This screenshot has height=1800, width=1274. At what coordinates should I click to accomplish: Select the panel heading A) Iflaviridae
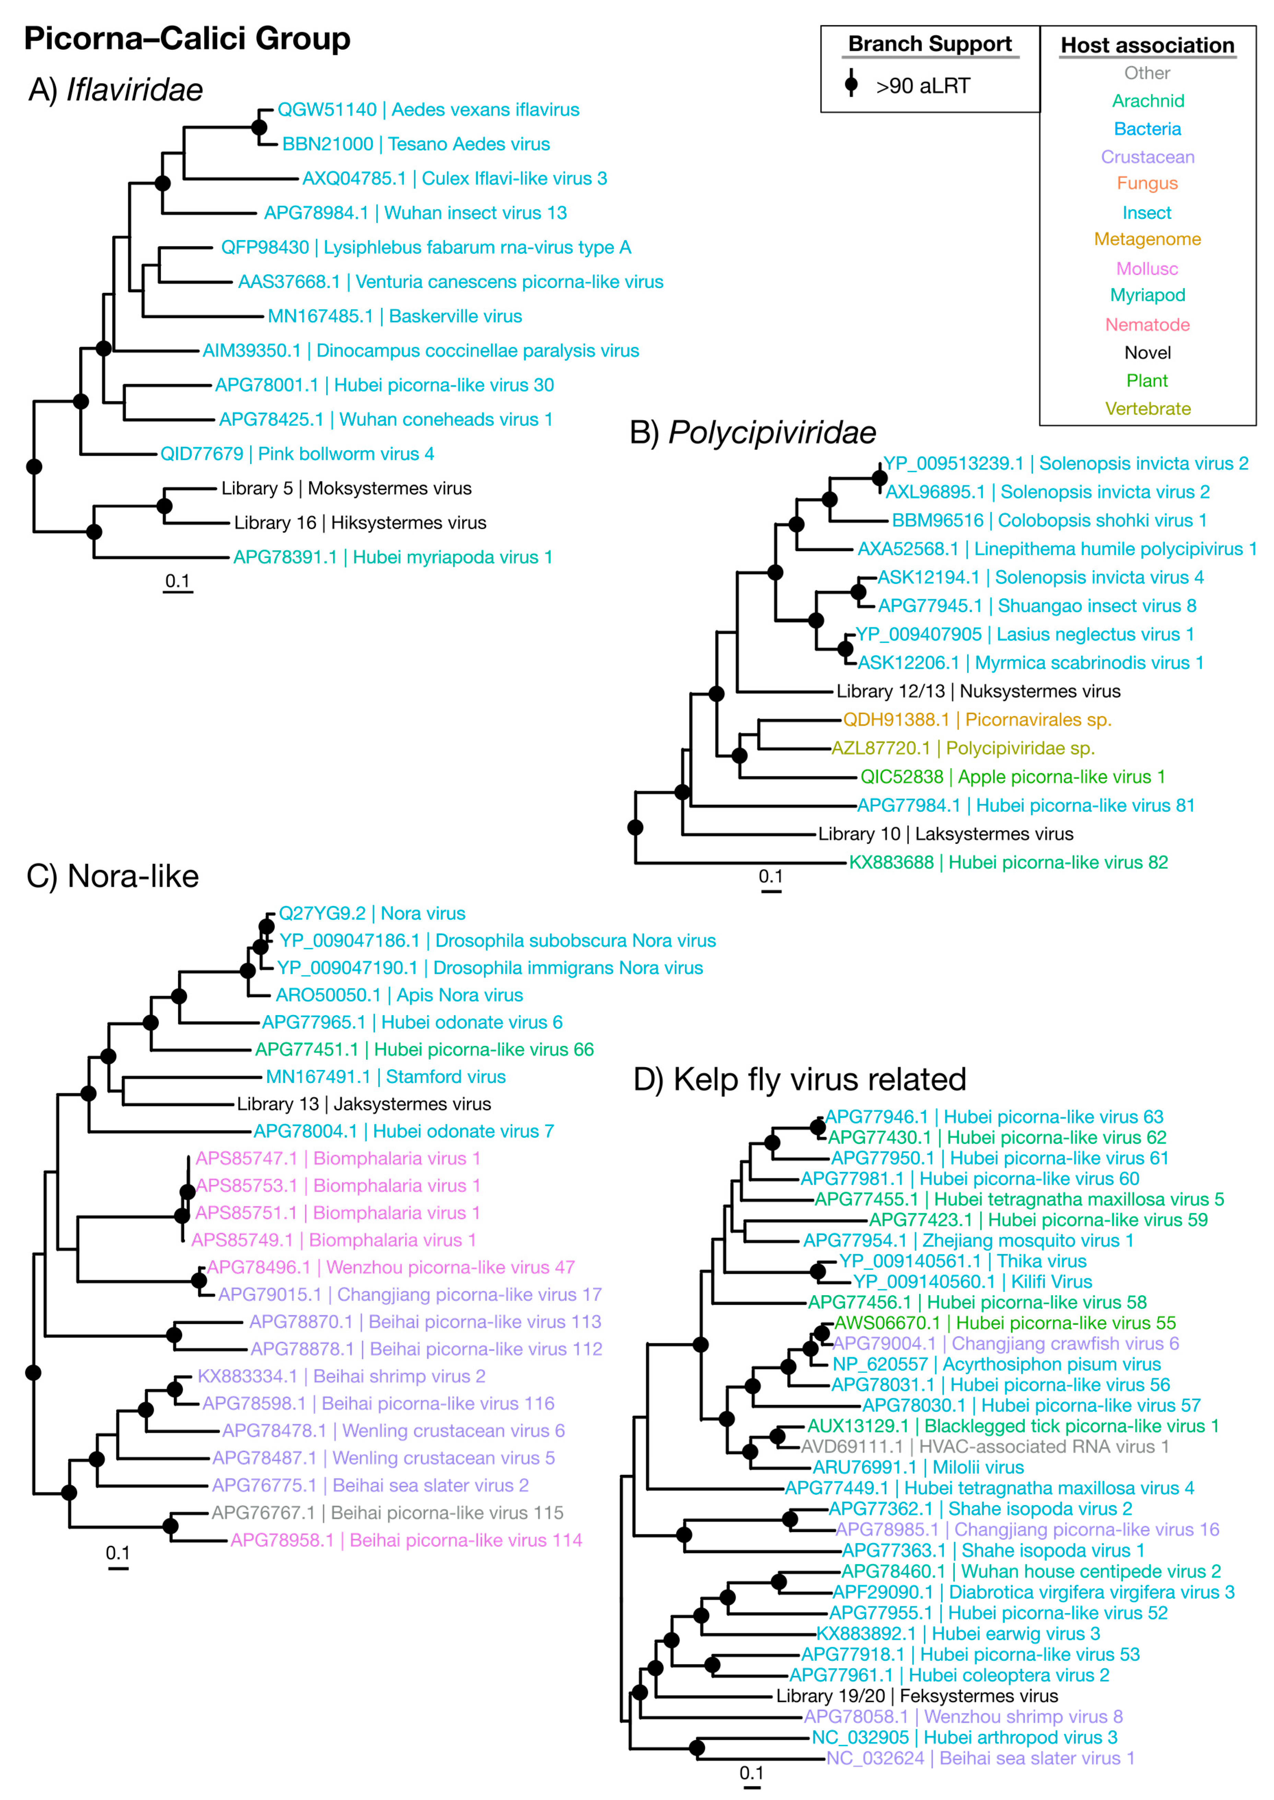pyautogui.click(x=116, y=90)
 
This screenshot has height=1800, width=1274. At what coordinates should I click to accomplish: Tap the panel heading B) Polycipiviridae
pyautogui.click(x=752, y=433)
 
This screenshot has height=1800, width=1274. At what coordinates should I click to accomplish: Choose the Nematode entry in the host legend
pyautogui.click(x=1147, y=325)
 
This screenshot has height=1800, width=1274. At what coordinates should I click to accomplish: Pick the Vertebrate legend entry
pyautogui.click(x=1147, y=409)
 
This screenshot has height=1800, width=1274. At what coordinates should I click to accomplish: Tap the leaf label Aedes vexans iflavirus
pyautogui.click(x=428, y=110)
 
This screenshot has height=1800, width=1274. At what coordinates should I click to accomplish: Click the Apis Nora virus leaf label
pyautogui.click(x=399, y=995)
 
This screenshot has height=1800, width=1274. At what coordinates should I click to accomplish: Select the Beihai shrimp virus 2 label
pyautogui.click(x=341, y=1376)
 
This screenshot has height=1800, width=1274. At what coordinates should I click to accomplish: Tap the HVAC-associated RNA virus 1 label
pyautogui.click(x=984, y=1447)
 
